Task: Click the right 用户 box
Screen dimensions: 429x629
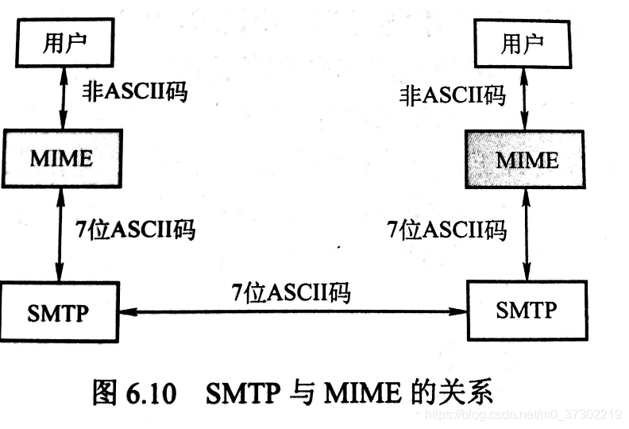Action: [x=522, y=43]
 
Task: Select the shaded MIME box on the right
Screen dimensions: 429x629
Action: [x=527, y=159]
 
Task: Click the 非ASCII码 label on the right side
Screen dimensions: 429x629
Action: [x=452, y=96]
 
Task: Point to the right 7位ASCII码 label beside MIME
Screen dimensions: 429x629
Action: [x=446, y=230]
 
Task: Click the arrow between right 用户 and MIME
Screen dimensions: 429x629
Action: [x=523, y=98]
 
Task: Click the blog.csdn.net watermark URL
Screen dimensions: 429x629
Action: [x=521, y=415]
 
